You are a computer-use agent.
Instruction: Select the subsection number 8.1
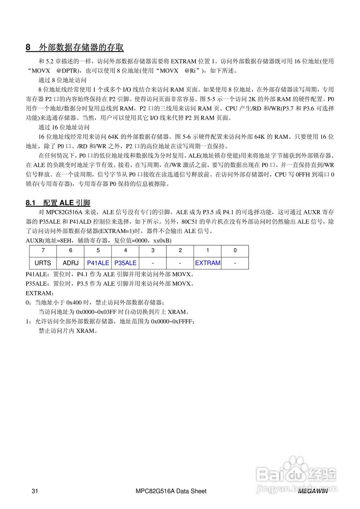pyautogui.click(x=31, y=203)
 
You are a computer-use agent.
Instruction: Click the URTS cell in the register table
pyautogui.click(x=43, y=263)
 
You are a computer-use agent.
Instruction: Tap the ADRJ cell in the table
pyautogui.click(x=71, y=263)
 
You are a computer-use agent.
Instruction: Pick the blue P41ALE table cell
pyautogui.click(x=98, y=263)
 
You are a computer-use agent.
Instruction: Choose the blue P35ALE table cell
pyautogui.click(x=125, y=263)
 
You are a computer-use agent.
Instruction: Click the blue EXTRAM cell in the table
pyautogui.click(x=208, y=263)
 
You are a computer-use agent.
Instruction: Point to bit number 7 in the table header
pyautogui.click(x=43, y=251)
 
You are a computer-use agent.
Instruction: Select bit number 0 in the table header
pyautogui.click(x=235, y=251)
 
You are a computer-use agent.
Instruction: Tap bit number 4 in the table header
pyautogui.click(x=125, y=251)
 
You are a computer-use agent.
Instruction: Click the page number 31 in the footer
pyautogui.click(x=35, y=491)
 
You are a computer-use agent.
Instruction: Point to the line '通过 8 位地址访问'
pyautogui.click(x=62, y=80)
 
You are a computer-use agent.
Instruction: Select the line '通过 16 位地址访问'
pyautogui.click(x=64, y=127)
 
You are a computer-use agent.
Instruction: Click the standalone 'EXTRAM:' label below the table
pyautogui.click(x=37, y=293)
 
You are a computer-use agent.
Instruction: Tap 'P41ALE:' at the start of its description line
pyautogui.click(x=37, y=274)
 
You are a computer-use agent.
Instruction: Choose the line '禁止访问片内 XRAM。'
pyautogui.click(x=68, y=330)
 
